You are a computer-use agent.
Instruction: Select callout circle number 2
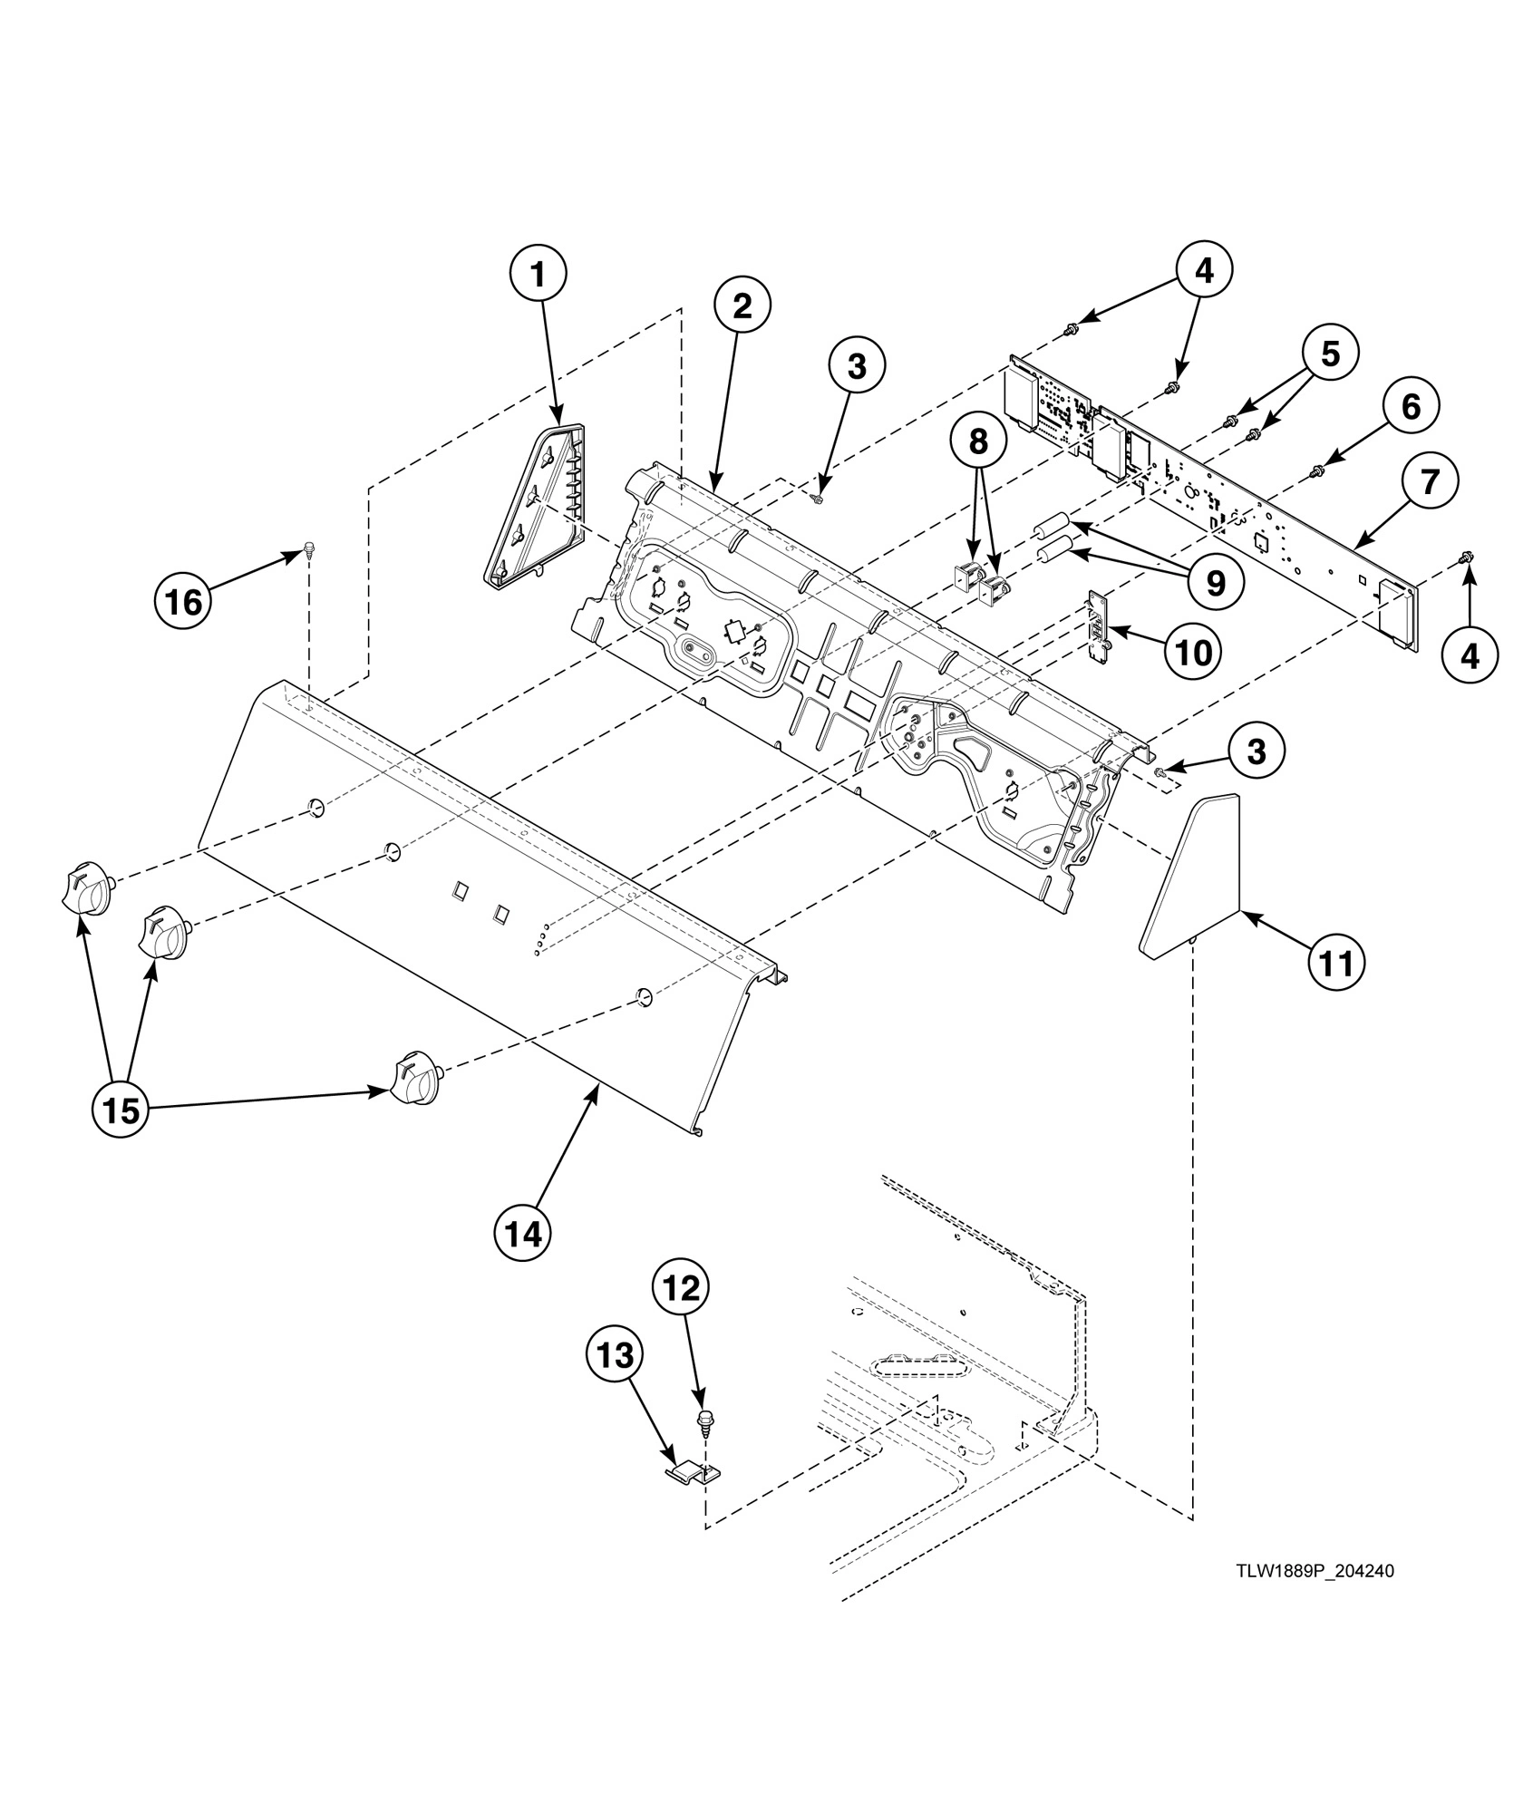pyautogui.click(x=742, y=306)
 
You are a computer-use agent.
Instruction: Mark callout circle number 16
pyautogui.click(x=184, y=601)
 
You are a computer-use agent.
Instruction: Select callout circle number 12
pyautogui.click(x=682, y=1287)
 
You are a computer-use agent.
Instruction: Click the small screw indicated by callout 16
pyautogui.click(x=309, y=547)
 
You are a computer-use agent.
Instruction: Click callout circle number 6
pyautogui.click(x=1411, y=408)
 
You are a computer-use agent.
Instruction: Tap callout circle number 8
pyautogui.click(x=977, y=441)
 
